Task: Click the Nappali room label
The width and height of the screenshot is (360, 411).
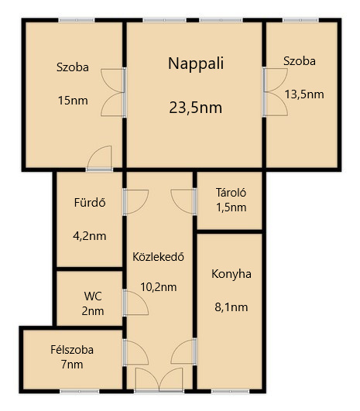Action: [196, 64]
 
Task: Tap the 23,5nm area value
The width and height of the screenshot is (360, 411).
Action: [196, 108]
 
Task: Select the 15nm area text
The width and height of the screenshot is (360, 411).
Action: [73, 101]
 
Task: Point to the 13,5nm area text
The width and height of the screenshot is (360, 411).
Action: [304, 94]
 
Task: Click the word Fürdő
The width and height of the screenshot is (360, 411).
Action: [90, 203]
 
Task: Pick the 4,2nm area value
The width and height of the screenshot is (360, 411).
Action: [89, 236]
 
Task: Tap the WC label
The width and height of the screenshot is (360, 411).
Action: [93, 296]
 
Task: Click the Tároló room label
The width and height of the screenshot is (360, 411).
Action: [231, 193]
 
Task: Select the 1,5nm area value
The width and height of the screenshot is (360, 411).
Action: [231, 207]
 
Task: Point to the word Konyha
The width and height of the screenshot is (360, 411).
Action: [231, 274]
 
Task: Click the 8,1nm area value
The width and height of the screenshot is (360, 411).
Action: [231, 307]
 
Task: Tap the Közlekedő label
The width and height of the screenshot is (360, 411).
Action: [158, 257]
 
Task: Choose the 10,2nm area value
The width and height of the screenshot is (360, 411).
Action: [159, 287]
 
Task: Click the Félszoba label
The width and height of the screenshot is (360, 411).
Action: [72, 350]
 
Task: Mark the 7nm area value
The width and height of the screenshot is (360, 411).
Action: [72, 365]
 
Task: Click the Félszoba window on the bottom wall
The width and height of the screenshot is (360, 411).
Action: [80, 392]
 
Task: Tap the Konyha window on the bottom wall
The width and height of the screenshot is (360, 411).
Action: [230, 392]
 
